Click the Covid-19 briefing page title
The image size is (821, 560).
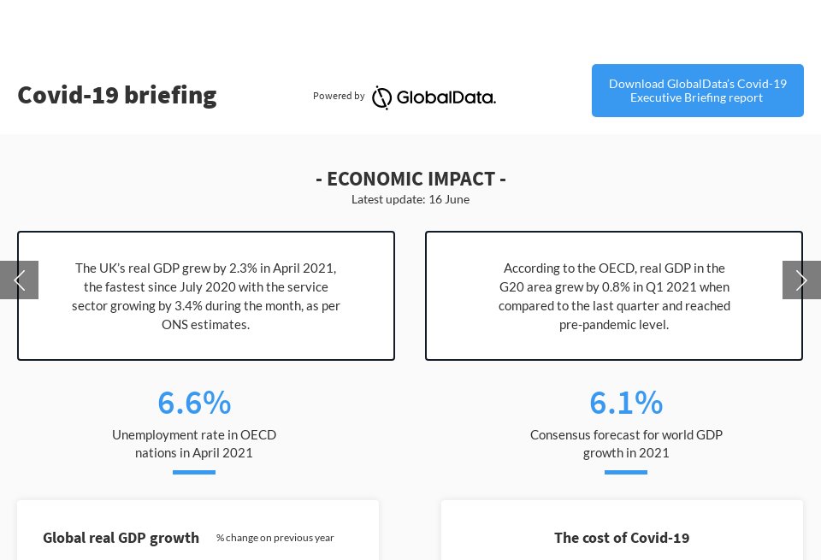pyautogui.click(x=117, y=95)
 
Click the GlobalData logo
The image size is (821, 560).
pyautogui.click(x=434, y=97)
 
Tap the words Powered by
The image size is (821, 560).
pyautogui.click(x=339, y=96)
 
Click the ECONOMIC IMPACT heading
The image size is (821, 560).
pyautogui.click(x=410, y=179)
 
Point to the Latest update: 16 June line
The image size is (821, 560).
pyautogui.click(x=410, y=199)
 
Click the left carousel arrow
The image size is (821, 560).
pyautogui.click(x=19, y=280)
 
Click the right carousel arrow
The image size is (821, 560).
pyautogui.click(x=801, y=280)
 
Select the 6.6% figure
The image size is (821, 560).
pyautogui.click(x=194, y=402)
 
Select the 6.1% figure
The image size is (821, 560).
pyautogui.click(x=626, y=402)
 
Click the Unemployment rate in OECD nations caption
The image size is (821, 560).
pyautogui.click(x=194, y=444)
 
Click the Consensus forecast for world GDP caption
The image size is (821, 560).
pyautogui.click(x=626, y=444)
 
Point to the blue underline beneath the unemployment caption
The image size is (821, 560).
pyautogui.click(x=194, y=472)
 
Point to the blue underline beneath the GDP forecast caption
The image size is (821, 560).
pyautogui.click(x=626, y=472)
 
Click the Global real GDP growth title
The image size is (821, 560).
pyautogui.click(x=121, y=538)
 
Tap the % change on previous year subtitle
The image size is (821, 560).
pyautogui.click(x=275, y=538)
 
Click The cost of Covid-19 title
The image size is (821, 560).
pyautogui.click(x=622, y=538)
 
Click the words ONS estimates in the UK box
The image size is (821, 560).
pyautogui.click(x=206, y=325)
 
